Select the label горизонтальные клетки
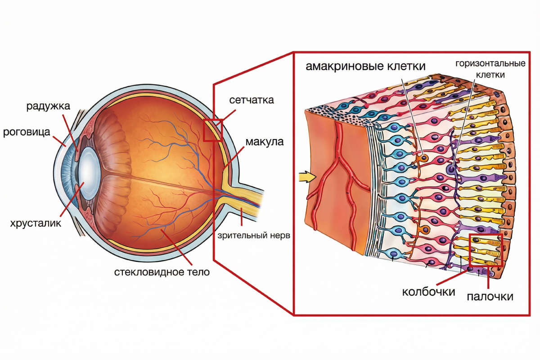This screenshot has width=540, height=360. (x=490, y=68)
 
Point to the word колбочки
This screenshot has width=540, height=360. (x=428, y=292)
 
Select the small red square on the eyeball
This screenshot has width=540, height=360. (x=213, y=130)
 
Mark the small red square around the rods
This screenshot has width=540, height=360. (x=485, y=250)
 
